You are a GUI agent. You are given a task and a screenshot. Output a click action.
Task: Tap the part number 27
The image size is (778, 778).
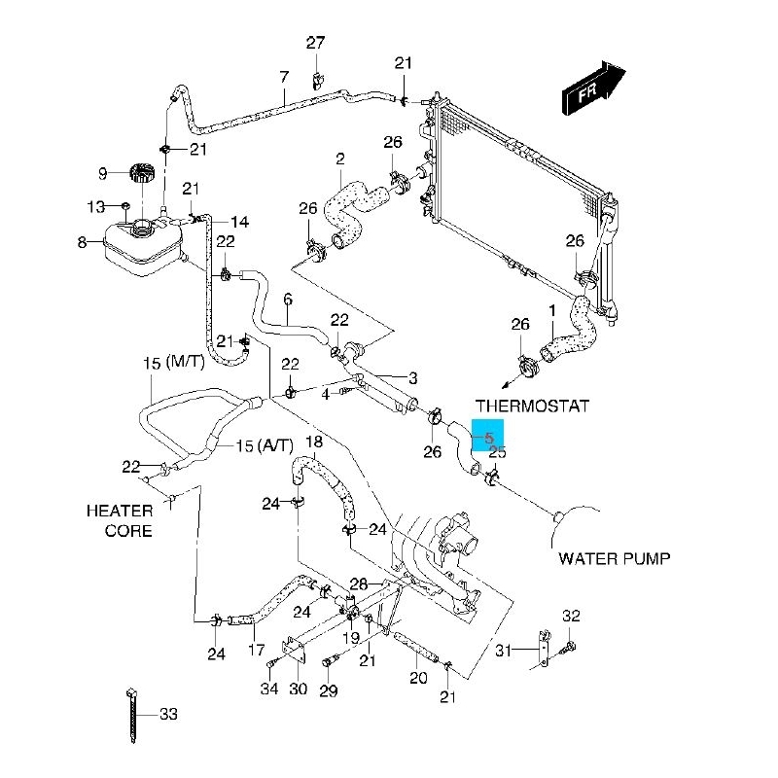315,43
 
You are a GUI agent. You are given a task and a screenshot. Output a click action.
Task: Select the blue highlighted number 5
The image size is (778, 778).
488,439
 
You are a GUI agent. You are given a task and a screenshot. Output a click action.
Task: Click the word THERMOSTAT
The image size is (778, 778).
532,406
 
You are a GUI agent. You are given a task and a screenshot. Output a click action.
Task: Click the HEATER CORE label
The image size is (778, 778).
120,520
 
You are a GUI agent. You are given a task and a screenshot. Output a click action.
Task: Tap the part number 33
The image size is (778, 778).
168,715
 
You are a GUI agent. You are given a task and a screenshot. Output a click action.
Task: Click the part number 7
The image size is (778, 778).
284,77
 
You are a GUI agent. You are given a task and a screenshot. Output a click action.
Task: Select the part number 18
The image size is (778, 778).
313,443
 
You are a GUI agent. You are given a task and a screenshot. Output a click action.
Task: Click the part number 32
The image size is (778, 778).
571,616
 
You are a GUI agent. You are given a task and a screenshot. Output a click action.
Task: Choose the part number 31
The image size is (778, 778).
503,651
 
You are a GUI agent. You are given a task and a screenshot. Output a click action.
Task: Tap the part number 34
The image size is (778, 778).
269,690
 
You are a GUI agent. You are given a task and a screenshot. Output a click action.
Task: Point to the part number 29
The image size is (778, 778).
329,690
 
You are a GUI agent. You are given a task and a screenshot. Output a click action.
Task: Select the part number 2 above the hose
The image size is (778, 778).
340,159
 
